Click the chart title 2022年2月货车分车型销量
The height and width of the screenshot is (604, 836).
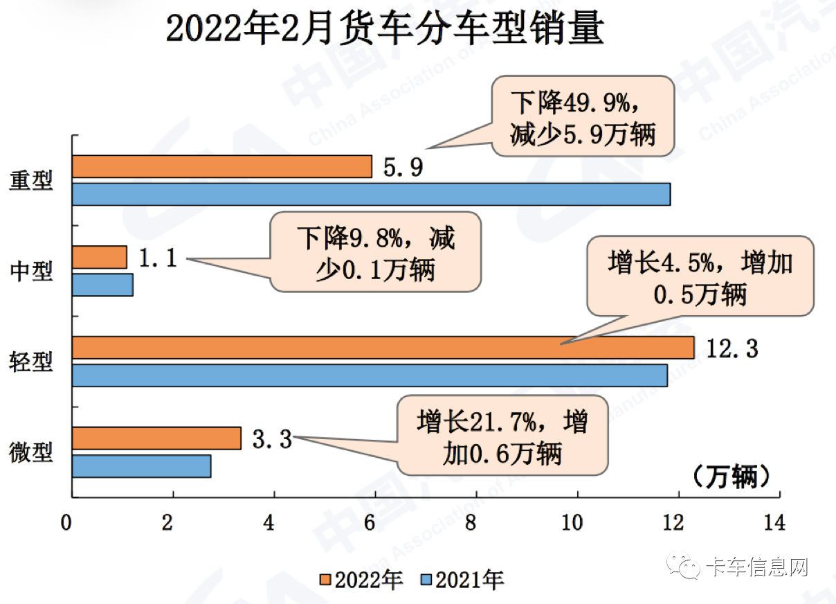[385, 31]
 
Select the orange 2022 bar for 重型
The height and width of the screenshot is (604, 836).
[221, 167]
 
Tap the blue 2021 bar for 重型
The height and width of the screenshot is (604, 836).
[371, 194]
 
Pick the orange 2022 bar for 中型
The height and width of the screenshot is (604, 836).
[99, 257]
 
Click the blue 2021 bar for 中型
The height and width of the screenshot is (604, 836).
[102, 285]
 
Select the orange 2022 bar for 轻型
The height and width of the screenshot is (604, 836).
[383, 348]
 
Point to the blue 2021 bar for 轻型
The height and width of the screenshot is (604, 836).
[370, 375]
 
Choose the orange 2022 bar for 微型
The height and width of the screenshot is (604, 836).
[156, 438]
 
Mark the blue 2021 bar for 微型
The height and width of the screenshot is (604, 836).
[141, 466]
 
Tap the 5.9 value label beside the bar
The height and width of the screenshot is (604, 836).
[402, 168]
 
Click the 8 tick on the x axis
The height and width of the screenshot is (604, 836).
[471, 523]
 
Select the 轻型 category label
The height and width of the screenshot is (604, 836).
[31, 361]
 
